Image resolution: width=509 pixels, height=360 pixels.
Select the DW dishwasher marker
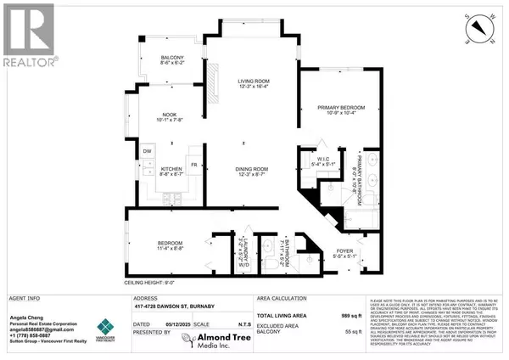pos(146,151)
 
